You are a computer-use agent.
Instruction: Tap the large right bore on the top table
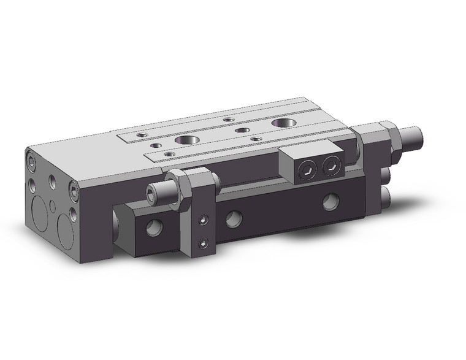(x=283, y=123)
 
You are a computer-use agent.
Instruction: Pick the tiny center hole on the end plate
(x=53, y=205)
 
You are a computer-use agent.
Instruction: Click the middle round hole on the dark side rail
(x=233, y=217)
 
